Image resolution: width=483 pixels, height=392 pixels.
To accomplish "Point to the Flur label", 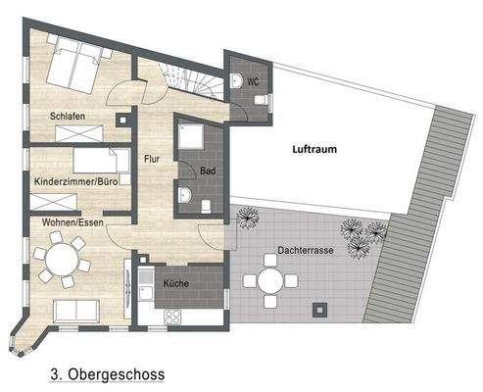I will click(152, 158).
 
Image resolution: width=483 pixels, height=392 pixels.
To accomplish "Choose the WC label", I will click(252, 81).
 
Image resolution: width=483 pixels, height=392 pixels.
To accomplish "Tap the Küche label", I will click(176, 281).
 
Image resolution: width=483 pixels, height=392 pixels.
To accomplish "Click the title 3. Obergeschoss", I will click(106, 373).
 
